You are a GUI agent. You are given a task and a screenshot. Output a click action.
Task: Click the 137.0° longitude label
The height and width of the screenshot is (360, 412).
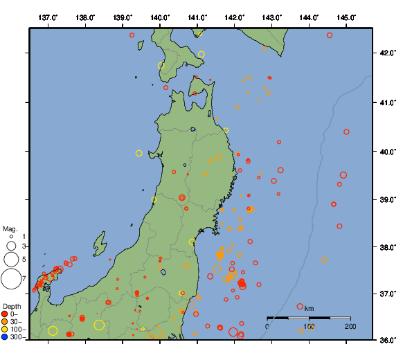point(48,17)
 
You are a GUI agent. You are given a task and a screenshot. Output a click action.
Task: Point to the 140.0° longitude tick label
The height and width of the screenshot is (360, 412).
point(160,17)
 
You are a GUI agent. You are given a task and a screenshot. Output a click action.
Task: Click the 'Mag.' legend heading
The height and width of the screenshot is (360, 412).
point(10,228)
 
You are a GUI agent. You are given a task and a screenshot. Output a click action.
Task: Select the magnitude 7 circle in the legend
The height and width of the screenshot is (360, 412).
point(10,279)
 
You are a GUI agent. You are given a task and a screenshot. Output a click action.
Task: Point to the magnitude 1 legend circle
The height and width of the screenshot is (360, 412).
point(11,237)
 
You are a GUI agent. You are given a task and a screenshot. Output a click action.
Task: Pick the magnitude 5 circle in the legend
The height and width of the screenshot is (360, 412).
point(10,260)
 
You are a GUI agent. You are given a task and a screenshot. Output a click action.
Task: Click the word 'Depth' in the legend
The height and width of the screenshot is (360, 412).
point(11,306)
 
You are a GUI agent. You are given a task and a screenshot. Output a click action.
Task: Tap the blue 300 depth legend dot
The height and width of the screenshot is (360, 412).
point(5,337)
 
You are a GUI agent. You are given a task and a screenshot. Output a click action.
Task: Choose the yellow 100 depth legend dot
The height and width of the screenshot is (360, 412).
point(5,330)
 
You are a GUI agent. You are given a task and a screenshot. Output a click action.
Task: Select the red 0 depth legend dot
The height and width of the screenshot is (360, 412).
point(5,314)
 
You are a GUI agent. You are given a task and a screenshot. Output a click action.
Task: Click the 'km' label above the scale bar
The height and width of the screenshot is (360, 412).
point(309,308)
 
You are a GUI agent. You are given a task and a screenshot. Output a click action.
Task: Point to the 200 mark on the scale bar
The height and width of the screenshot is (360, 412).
point(350,326)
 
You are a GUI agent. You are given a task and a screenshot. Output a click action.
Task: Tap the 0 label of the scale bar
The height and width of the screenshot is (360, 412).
point(267,326)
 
